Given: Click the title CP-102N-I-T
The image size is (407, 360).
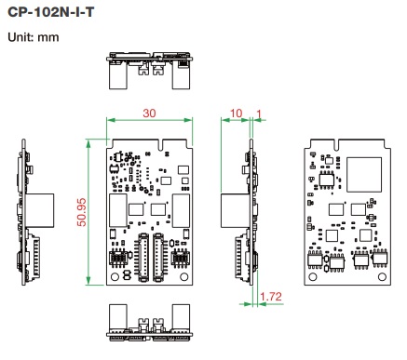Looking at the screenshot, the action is (x=50, y=12).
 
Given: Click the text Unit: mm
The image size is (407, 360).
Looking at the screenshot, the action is (x=34, y=37).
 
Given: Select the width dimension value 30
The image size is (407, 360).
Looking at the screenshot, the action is (x=149, y=113).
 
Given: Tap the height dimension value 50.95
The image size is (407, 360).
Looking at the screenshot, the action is (x=82, y=212).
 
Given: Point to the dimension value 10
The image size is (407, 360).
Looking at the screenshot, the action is (x=236, y=113).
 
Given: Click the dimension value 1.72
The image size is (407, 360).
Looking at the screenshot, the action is (x=271, y=297).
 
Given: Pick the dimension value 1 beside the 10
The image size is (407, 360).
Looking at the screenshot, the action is (x=259, y=114).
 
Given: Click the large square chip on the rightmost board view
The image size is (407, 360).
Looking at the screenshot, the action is (x=364, y=174).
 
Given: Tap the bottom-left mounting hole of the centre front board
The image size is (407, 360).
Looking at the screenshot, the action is (x=115, y=276).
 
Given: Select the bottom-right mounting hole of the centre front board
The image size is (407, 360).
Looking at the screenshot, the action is (x=184, y=276).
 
